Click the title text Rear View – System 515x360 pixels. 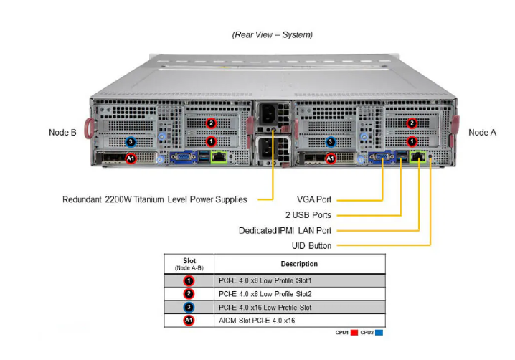[272, 34]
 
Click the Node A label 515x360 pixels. [482, 133]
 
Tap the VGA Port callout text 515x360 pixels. [313, 199]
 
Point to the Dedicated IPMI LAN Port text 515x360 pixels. [285, 230]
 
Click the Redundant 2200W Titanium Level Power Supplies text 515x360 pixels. [154, 199]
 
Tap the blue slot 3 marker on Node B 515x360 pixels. [131, 142]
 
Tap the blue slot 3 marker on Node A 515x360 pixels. [331, 142]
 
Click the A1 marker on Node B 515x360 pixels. [131, 158]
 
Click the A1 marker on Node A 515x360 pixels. [331, 158]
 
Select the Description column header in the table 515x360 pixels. [299, 264]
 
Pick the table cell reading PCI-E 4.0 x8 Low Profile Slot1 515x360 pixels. [265, 280]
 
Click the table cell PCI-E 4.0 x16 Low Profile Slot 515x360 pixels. [265, 307]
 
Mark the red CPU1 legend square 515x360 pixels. [354, 333]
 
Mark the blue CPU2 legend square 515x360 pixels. [379, 333]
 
